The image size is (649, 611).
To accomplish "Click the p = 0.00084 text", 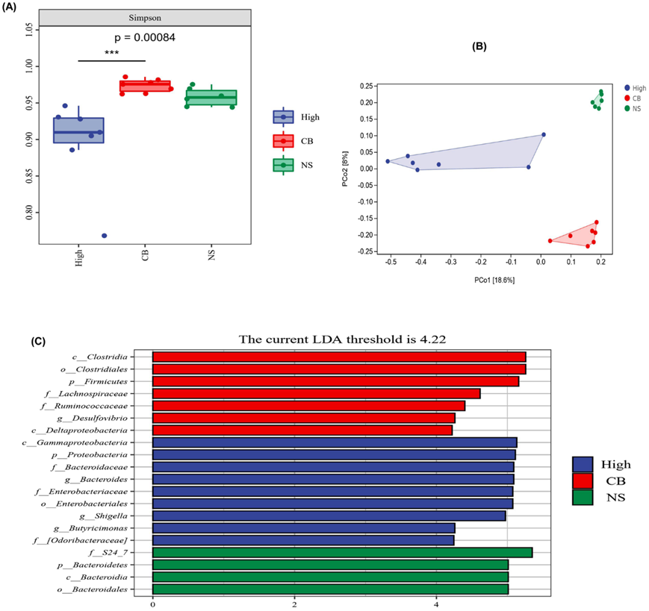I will click(x=145, y=37).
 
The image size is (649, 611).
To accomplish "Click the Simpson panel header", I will click(x=144, y=16).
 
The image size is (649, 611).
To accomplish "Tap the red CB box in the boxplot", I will click(x=145, y=87).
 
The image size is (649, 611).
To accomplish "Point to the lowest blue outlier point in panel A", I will click(x=104, y=236).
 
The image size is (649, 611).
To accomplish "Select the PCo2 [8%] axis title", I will click(x=346, y=169).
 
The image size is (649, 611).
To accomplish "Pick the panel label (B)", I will click(x=480, y=46).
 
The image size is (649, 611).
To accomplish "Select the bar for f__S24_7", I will click(x=342, y=553).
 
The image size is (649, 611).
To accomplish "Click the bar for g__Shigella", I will click(x=329, y=516).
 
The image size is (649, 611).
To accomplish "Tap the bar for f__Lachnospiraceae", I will click(x=316, y=393).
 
